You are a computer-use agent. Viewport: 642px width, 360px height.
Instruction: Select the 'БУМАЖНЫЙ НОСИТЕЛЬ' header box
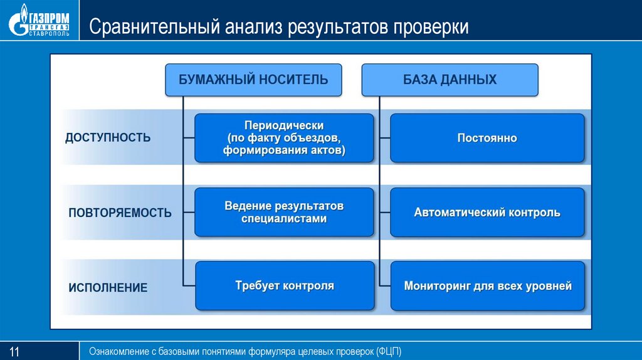coord(253,80)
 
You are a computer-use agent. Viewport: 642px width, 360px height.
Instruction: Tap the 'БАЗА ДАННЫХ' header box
coord(450,80)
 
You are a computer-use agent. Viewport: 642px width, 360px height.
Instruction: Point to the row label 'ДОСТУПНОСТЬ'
coord(108,137)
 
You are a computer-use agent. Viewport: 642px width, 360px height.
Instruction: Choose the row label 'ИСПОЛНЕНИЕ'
coord(108,288)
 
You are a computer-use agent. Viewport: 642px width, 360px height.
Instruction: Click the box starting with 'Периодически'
coord(284,138)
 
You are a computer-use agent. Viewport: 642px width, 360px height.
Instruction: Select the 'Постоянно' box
coord(487,138)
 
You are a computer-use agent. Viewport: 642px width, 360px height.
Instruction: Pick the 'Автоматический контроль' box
coord(487,213)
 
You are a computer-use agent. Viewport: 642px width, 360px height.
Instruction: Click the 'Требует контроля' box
coord(284,286)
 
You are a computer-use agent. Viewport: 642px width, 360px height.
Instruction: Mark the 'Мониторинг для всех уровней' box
coord(487,286)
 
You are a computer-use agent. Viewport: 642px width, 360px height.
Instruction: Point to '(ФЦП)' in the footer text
coord(389,351)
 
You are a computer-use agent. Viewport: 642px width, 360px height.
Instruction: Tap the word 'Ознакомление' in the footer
coord(119,351)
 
